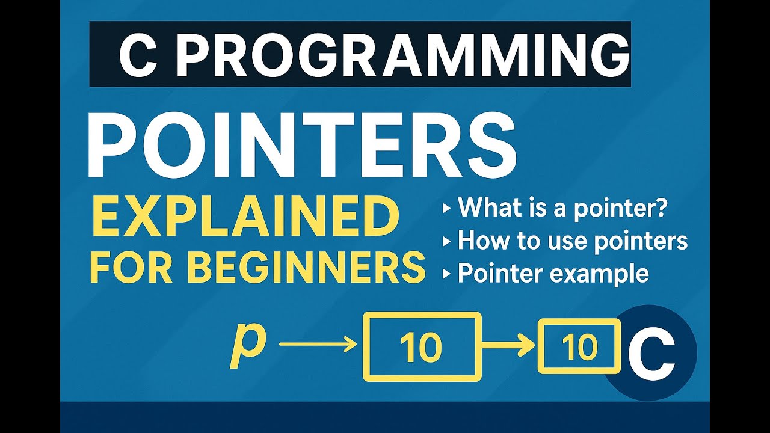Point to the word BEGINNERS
pos(306,268)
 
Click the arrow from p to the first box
pos(318,345)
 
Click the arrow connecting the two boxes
pos(508,345)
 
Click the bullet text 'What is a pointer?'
pos(563,209)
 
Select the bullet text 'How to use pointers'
pos(572,241)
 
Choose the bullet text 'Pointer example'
pos(553,274)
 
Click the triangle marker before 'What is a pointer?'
pos(446,209)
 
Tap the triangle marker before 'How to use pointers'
pos(446,242)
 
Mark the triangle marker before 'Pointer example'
pos(446,274)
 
